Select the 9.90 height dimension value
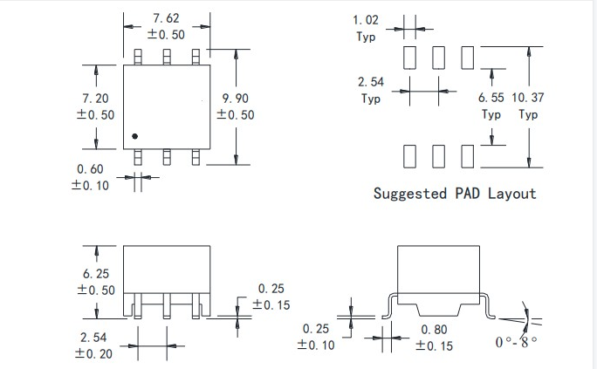coord(237,98)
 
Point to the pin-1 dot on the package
coord(135,136)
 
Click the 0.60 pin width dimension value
coord(91,168)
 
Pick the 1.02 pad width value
coord(366,19)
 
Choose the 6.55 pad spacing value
coord(492,98)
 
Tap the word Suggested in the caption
coord(409,193)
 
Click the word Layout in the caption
coord(512,193)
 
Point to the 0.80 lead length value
coord(436,330)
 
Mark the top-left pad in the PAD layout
coord(410,58)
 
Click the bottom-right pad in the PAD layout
coord(468,156)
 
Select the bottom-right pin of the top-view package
coord(196,157)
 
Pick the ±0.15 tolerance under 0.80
coord(435,345)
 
